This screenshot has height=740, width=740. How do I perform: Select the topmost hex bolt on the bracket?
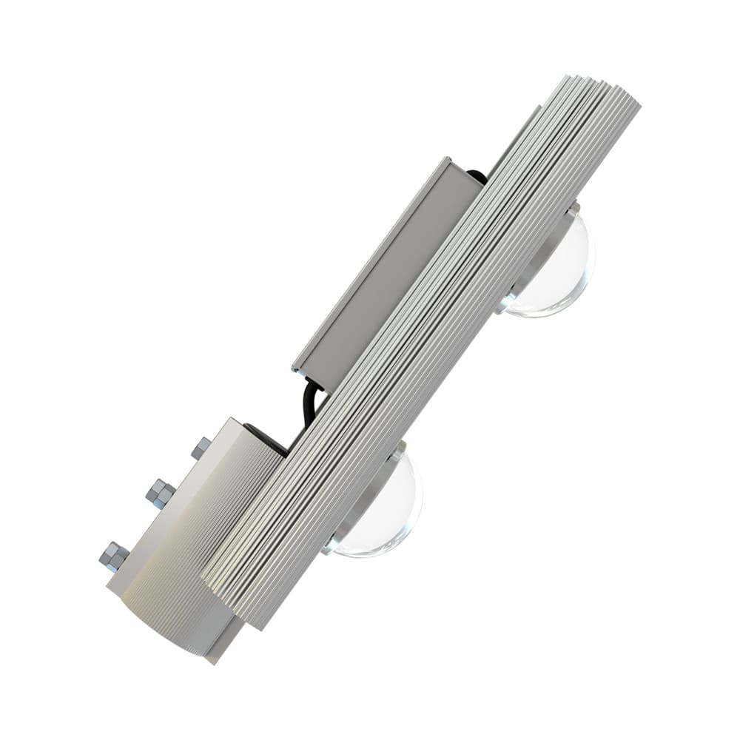[x=201, y=448]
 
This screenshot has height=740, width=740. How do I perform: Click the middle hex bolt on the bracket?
[x=160, y=492]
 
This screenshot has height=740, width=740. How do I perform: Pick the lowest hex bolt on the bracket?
[x=113, y=556]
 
